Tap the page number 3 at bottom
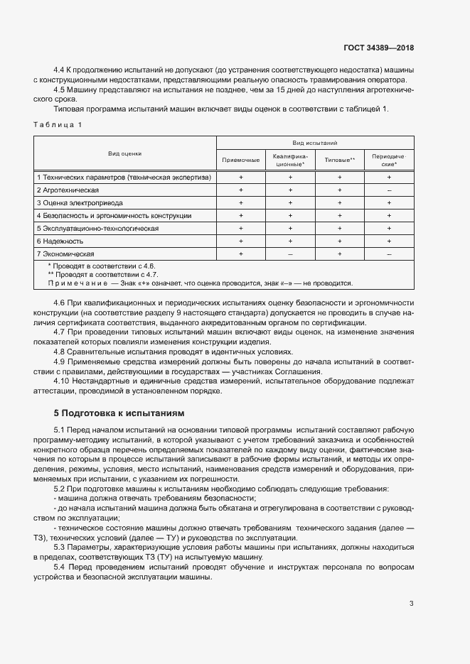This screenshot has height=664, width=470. pos(411,604)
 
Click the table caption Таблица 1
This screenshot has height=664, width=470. pos(58,125)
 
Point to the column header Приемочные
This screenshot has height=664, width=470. pos(241,160)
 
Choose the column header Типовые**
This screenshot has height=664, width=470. pos(339,160)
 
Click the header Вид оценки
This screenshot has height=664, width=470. pos(124,153)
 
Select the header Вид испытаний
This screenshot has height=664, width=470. pos(314,143)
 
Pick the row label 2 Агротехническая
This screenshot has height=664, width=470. pos(68,190)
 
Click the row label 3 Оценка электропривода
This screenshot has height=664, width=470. pos(78,203)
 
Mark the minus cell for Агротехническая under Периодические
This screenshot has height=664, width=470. pos(389,190)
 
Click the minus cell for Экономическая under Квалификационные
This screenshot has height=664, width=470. pos(290,254)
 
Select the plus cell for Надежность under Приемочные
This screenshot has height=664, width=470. pos(241,241)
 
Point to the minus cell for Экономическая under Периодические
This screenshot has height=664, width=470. pos(389,254)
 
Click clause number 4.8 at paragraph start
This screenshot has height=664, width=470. pos(60,352)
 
